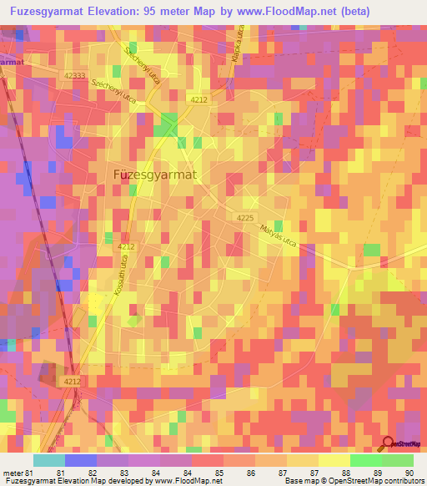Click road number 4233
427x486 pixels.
tap(74, 76)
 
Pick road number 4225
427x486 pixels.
tap(245, 217)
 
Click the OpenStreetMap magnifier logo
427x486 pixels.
tap(389, 444)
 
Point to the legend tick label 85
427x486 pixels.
tap(187, 473)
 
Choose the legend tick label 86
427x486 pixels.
tap(219, 473)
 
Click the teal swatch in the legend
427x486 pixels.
tap(48, 460)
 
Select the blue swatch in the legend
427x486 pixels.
tap(80, 460)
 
